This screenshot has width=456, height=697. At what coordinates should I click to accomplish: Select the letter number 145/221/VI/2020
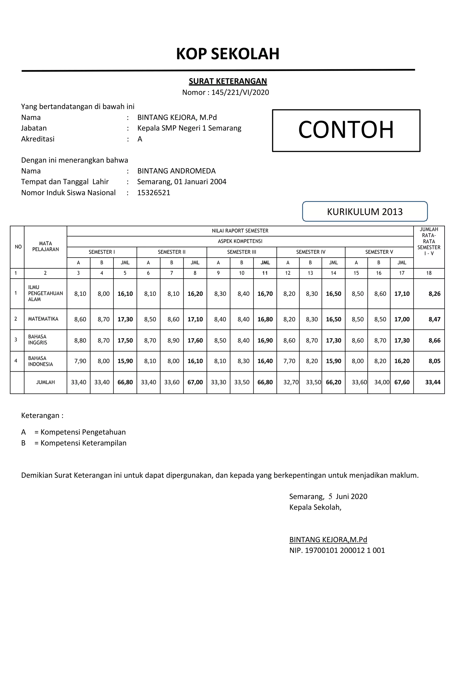pos(240,93)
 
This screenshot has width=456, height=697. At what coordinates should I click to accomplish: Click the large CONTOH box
pos(346,130)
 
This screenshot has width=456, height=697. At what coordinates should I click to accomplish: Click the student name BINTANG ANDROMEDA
pos(176,171)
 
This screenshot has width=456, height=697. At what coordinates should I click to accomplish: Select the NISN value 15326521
pos(154,193)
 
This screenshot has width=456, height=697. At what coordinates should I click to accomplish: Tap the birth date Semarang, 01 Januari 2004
pos(181,182)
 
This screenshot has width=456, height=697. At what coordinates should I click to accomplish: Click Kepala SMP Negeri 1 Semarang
pos(189,128)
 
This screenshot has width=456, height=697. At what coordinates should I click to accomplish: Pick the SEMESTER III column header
pos(242,252)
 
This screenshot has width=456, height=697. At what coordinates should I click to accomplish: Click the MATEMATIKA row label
pos(43,319)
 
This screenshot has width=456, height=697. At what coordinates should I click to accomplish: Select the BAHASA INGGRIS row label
pos(37,340)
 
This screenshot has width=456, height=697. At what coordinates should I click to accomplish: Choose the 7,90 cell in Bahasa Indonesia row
pos(80,361)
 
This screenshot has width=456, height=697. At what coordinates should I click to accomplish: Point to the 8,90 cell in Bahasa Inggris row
pos(173,340)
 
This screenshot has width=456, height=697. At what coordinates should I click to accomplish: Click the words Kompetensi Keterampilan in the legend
pos(83,443)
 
